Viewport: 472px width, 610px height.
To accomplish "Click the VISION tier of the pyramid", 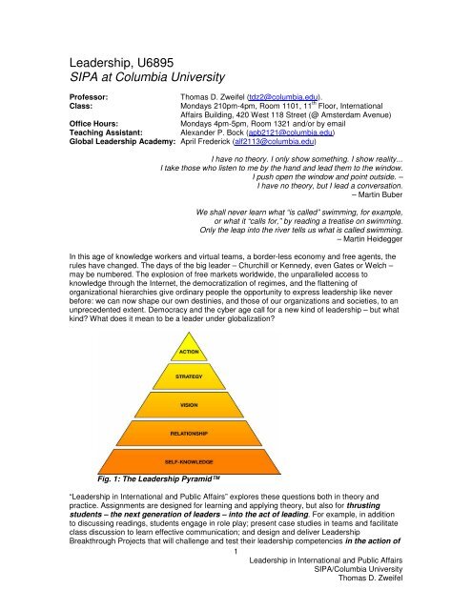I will point(189,404).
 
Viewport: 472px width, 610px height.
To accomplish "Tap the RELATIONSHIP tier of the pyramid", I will point(189,432).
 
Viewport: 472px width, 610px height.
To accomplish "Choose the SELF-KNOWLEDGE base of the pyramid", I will point(189,460).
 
